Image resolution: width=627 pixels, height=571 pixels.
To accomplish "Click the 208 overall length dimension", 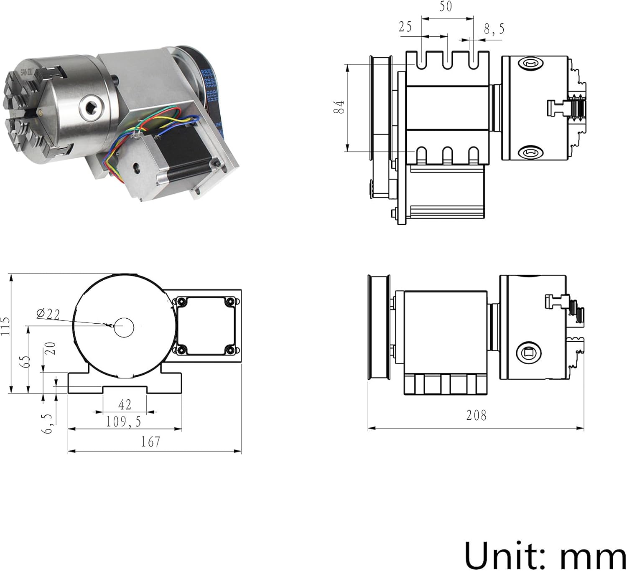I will point(476,415).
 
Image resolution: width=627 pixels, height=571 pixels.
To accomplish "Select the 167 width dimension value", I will point(150,442).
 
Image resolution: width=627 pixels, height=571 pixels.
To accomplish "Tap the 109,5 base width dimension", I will point(123,422).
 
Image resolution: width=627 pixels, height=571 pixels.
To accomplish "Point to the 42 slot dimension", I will point(125,404).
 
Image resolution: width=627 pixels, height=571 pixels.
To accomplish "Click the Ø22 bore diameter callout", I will point(48,314).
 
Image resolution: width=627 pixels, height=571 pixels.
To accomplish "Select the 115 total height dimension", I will point(5,326).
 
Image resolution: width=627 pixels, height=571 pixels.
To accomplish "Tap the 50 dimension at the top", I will point(446,7).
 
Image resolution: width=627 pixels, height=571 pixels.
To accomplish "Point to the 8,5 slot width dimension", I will point(494,29).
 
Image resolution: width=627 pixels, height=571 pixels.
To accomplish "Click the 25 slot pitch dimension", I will point(405,27).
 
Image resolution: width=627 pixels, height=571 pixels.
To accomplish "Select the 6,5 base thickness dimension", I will point(48,424).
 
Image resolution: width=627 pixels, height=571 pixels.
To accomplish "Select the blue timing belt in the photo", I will point(212,92).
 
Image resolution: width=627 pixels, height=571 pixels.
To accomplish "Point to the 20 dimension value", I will point(51,348).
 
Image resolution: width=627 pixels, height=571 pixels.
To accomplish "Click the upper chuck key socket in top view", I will point(531,64).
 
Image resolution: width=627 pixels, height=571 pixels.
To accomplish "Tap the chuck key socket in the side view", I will point(529,354).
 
